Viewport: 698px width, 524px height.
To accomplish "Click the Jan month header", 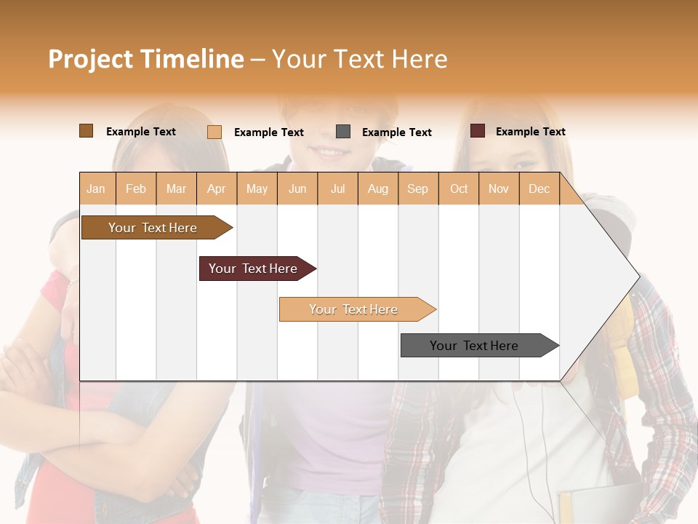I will pos(96,188).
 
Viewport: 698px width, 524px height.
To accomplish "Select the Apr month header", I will pos(216,188).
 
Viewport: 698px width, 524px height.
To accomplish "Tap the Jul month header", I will pos(337,188).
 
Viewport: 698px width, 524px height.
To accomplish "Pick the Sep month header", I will pos(417,188).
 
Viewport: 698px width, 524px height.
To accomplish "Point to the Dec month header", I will pos(539,188).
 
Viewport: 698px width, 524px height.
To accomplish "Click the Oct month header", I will pos(459,188).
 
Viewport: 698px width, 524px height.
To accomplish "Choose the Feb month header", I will pos(136,188).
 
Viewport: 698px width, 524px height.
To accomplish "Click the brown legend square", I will pos(86,131).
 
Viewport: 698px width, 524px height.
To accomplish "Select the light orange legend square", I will pos(214,132).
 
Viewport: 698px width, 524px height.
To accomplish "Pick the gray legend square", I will pos(343,132).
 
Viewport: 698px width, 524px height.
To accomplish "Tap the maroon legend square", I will pos(477,131).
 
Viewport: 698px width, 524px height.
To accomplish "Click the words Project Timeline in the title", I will pos(146,59).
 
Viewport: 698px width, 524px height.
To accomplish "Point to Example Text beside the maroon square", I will pos(530,132).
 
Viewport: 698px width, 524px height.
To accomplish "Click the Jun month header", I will pos(297,188).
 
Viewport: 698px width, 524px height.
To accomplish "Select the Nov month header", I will pos(499,188).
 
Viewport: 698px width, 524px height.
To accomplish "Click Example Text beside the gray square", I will pos(396,132).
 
